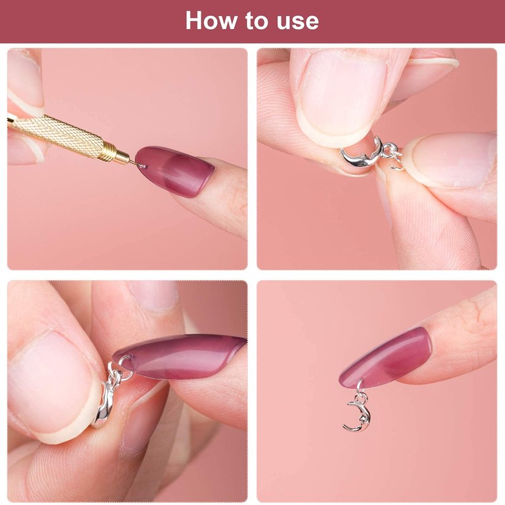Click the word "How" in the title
(x=211, y=20)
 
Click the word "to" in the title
(x=256, y=21)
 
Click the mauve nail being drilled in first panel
(x=174, y=170)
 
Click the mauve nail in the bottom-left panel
(x=179, y=357)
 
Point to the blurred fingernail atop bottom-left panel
(x=155, y=295)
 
